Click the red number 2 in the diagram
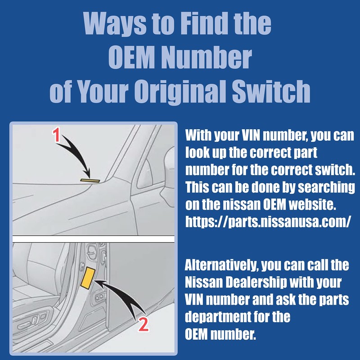[143, 325]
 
